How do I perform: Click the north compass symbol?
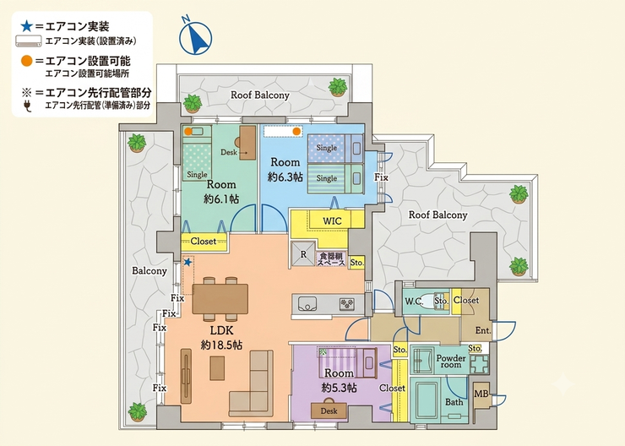[x=195, y=36]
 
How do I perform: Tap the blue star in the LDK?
[x=187, y=262]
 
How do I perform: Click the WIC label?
[x=332, y=220]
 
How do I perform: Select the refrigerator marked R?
[x=303, y=254]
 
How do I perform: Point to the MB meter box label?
[x=481, y=394]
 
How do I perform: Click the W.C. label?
[x=414, y=302]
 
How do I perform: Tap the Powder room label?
[x=451, y=361]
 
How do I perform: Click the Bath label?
[x=454, y=402]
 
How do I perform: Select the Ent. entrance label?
[x=483, y=330]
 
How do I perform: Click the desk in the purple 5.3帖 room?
[x=329, y=410]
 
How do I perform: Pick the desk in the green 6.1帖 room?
[x=247, y=143]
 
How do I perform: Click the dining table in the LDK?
[x=220, y=298]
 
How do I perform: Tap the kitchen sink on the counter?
[x=305, y=304]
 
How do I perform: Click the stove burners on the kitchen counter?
[x=347, y=304]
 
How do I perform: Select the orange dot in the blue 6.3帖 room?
[x=296, y=131]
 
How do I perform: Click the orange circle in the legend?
[x=26, y=61]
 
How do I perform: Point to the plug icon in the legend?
[x=27, y=106]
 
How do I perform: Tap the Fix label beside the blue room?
[x=381, y=177]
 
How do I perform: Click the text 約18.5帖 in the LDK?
[x=221, y=345]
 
